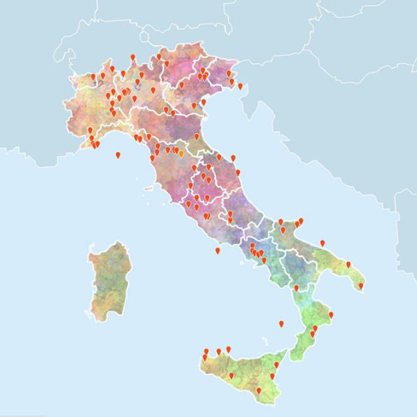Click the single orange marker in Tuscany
point(181,154)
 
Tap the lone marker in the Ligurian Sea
point(118,155)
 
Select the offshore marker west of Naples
point(217,251)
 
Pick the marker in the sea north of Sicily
point(281,324)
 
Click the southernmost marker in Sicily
point(258,391)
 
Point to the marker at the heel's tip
point(361,286)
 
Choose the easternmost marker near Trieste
point(240,86)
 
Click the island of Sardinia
point(110,279)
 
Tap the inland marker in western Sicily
point(231,376)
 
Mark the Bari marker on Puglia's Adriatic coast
point(322,243)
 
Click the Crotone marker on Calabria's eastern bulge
point(331,315)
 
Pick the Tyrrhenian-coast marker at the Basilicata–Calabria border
point(296,289)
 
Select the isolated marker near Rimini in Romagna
point(196,137)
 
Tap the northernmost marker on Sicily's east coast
point(276,365)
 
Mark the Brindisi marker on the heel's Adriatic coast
point(348,265)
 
